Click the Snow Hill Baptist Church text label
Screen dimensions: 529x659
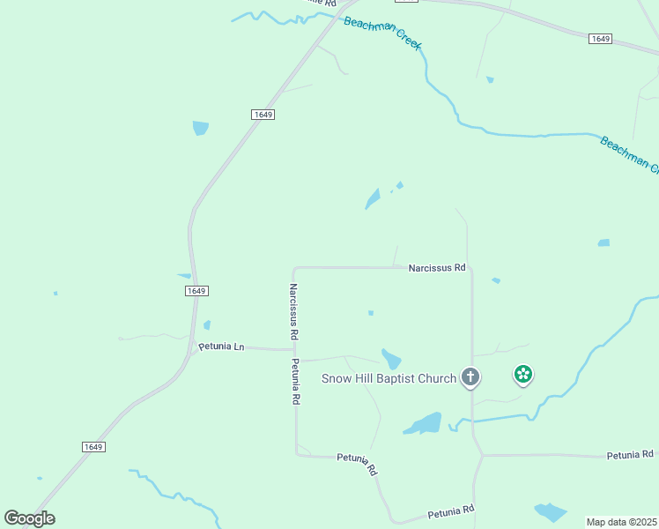click(388, 379)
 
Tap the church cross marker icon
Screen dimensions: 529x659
click(470, 378)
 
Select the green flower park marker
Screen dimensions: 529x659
click(523, 376)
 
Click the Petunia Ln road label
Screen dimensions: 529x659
click(221, 347)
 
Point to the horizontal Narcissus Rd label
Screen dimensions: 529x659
click(436, 267)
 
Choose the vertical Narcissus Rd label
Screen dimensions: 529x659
click(293, 312)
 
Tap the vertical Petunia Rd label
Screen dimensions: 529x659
click(295, 381)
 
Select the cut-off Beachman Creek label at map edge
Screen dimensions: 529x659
click(629, 155)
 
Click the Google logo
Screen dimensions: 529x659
click(29, 518)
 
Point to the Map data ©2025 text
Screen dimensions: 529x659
click(621, 522)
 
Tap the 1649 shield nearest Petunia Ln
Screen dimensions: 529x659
click(196, 291)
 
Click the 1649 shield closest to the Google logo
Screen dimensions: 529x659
click(94, 447)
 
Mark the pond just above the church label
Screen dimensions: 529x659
click(391, 359)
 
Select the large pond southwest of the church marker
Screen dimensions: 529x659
click(424, 423)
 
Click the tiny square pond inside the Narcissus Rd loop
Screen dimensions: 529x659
click(371, 313)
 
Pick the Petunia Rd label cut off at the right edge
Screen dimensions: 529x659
click(630, 455)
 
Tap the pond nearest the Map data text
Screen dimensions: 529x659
click(551, 512)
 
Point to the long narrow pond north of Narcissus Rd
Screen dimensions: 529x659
click(373, 199)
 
